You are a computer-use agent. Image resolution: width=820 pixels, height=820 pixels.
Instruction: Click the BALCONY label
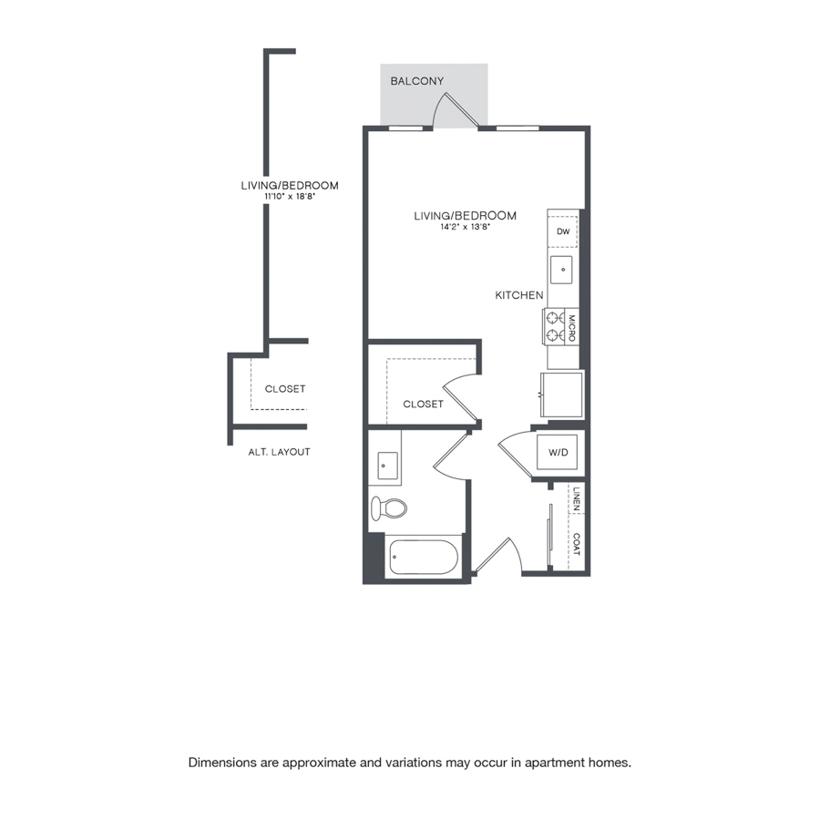pyautogui.click(x=416, y=81)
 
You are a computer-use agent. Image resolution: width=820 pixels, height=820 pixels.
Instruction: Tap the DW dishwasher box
pyautogui.click(x=563, y=231)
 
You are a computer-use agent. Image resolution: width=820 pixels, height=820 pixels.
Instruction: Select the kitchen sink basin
pyautogui.click(x=561, y=270)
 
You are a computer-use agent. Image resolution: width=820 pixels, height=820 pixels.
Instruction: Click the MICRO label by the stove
pyautogui.click(x=572, y=328)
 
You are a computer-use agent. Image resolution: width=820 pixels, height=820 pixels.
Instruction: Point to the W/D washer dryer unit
pyautogui.click(x=558, y=452)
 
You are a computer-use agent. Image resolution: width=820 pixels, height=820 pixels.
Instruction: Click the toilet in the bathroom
pyautogui.click(x=388, y=507)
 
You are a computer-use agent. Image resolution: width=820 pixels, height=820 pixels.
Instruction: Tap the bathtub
pyautogui.click(x=424, y=557)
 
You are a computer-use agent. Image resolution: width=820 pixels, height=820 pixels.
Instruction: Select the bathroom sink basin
pyautogui.click(x=387, y=466)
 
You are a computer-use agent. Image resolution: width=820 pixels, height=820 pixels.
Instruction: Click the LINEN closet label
pyautogui.click(x=577, y=499)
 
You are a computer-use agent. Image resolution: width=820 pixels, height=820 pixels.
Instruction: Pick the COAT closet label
pyautogui.click(x=577, y=545)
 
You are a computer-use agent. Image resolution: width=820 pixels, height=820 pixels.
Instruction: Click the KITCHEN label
pyautogui.click(x=518, y=295)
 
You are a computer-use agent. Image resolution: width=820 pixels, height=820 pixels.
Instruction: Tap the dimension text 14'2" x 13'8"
pyautogui.click(x=465, y=227)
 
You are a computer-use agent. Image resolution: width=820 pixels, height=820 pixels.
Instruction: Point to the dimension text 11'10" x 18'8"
pyautogui.click(x=289, y=197)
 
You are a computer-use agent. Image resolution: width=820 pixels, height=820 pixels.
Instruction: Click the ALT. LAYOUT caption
pyautogui.click(x=279, y=452)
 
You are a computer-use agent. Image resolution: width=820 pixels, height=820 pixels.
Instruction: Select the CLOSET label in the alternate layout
pyautogui.click(x=285, y=389)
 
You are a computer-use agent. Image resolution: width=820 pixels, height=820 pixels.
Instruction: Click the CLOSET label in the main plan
pyautogui.click(x=423, y=405)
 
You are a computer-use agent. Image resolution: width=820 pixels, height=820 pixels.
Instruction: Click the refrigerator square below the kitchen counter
pyautogui.click(x=561, y=395)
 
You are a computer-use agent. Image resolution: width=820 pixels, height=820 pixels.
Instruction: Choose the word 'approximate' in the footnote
pyautogui.click(x=317, y=763)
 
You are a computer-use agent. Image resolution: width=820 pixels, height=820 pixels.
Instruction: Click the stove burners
pyautogui.click(x=555, y=326)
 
